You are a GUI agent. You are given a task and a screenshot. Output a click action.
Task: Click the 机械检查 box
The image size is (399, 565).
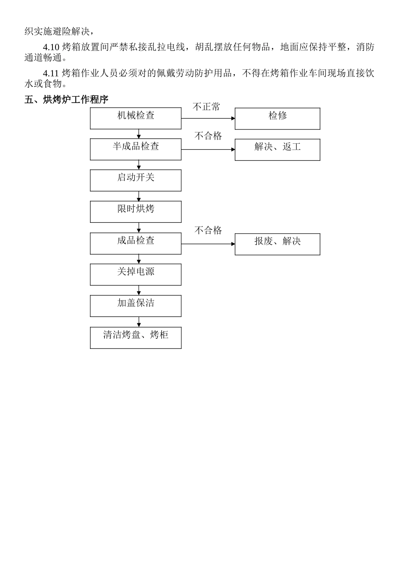(136, 118)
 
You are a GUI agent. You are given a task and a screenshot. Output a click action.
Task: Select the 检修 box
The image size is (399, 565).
(277, 119)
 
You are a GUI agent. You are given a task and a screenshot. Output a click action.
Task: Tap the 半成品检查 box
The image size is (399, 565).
(136, 149)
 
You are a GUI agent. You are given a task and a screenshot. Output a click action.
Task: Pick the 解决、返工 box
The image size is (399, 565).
(277, 150)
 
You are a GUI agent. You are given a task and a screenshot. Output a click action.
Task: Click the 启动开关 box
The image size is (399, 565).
(136, 180)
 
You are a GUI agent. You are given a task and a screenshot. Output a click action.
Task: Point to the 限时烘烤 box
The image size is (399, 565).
(136, 211)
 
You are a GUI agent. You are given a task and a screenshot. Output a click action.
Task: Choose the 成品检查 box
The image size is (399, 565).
(136, 243)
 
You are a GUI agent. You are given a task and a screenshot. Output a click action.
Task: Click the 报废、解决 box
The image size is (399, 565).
(277, 244)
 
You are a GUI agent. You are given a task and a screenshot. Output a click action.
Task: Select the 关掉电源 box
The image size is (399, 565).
(136, 275)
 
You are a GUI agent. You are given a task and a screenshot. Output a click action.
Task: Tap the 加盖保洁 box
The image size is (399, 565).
(136, 306)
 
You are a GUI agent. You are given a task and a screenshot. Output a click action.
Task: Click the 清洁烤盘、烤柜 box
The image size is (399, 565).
(136, 338)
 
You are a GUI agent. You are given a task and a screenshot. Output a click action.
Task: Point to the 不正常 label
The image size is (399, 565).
(206, 107)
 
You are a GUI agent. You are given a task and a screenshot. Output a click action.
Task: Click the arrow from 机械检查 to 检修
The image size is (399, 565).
(208, 118)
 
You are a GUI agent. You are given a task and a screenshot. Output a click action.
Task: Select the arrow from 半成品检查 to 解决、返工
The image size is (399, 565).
(208, 149)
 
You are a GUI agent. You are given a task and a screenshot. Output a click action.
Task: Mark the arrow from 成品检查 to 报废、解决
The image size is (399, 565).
(208, 244)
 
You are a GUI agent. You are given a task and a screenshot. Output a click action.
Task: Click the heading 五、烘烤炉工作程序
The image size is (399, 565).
(66, 100)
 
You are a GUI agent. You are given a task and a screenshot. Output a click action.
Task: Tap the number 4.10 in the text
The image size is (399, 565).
(51, 47)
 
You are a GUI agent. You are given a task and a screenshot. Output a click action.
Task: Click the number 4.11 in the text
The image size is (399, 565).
(51, 73)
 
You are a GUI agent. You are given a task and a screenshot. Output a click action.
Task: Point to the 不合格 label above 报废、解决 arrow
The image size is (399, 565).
(208, 230)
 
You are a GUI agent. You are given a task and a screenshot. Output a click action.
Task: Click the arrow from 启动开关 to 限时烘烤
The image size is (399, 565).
(139, 196)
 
